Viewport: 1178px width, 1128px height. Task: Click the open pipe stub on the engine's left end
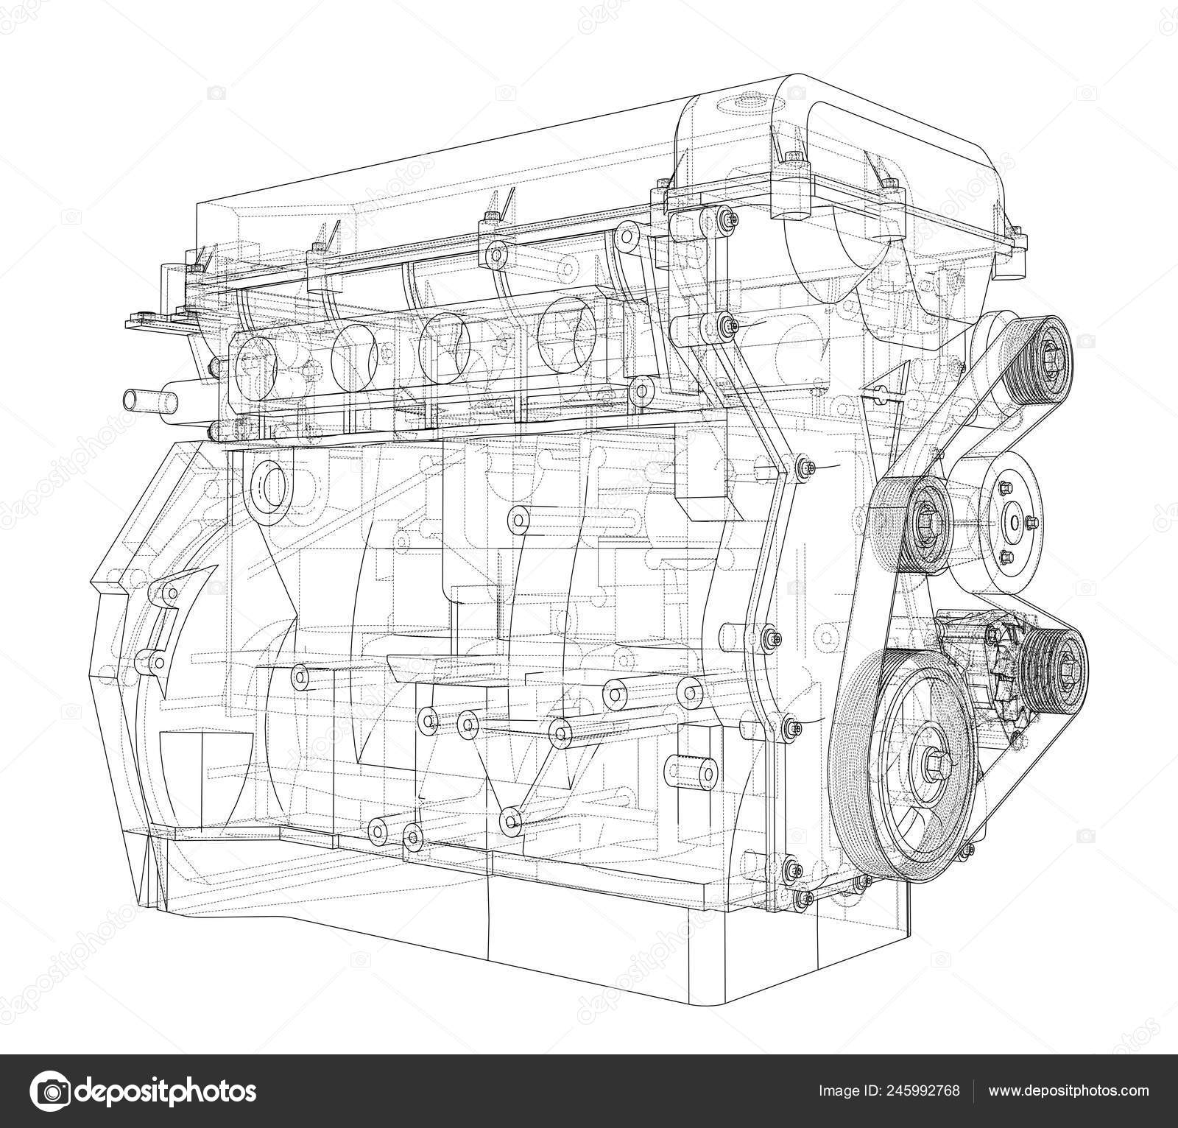(151, 401)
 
